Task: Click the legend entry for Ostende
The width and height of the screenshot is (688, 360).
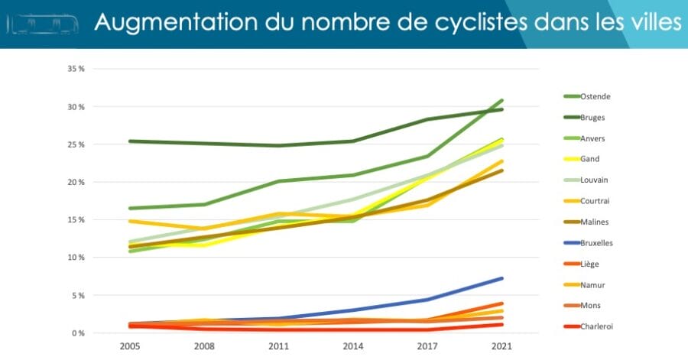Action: [x=595, y=96]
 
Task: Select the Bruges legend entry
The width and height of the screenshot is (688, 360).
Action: [x=593, y=117]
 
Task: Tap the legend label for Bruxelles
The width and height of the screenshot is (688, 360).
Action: [x=597, y=242]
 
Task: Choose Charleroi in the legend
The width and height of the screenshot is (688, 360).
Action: [x=596, y=326]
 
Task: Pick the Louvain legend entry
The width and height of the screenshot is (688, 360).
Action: [x=595, y=180]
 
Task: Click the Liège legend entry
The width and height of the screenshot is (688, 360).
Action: [x=590, y=264]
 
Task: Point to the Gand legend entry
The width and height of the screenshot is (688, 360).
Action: [x=590, y=159]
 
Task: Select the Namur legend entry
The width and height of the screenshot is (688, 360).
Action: [x=592, y=284]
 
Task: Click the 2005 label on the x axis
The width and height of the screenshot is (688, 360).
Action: [x=130, y=346]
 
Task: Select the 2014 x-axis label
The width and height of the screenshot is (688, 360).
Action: [x=353, y=346]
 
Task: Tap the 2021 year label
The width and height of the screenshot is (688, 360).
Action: [x=502, y=346]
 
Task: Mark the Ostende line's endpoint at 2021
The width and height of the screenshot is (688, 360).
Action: [x=502, y=100]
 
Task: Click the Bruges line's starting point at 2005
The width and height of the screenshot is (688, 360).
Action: [x=130, y=141]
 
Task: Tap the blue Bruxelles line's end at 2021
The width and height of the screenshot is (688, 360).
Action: [x=502, y=278]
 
